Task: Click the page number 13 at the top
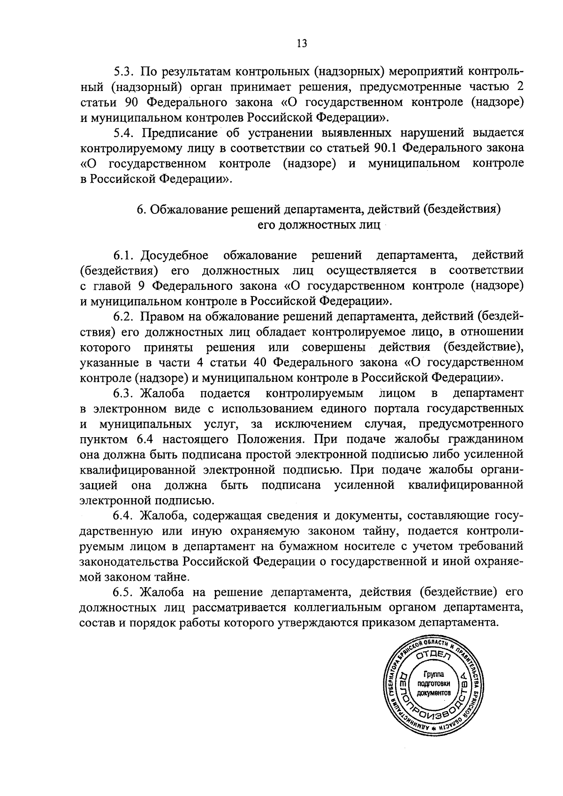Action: (x=302, y=44)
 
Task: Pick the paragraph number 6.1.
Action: (x=124, y=256)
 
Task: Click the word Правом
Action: (x=162, y=317)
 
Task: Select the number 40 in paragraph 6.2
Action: (x=260, y=362)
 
